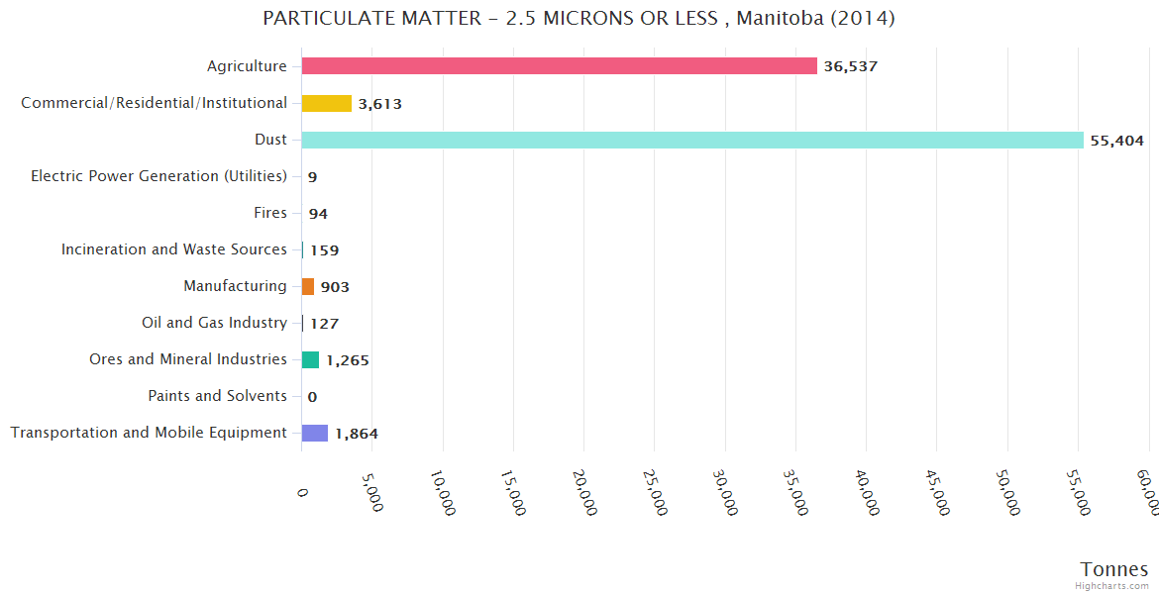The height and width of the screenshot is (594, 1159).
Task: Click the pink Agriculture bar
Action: [559, 66]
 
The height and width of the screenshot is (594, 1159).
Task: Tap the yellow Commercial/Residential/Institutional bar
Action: [326, 103]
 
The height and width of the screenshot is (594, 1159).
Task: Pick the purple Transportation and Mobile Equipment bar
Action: [314, 433]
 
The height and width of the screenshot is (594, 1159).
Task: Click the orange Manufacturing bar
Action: [308, 286]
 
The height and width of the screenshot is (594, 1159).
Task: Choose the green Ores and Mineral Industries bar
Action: [310, 359]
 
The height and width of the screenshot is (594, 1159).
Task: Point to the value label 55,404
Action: [1116, 141]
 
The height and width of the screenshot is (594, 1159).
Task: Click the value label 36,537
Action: [850, 67]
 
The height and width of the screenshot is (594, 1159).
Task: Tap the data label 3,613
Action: [379, 104]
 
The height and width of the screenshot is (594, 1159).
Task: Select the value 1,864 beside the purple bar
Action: [356, 434]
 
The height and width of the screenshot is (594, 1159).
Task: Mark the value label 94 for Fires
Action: [317, 214]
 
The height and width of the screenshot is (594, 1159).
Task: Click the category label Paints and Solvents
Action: [217, 396]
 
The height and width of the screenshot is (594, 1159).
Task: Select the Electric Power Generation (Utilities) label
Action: [158, 176]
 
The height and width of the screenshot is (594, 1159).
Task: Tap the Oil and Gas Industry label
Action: [214, 323]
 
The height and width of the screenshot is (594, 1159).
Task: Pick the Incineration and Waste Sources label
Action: [173, 249]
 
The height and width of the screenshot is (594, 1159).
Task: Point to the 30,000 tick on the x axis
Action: [726, 491]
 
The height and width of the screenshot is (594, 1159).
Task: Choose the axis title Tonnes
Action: [1113, 569]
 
